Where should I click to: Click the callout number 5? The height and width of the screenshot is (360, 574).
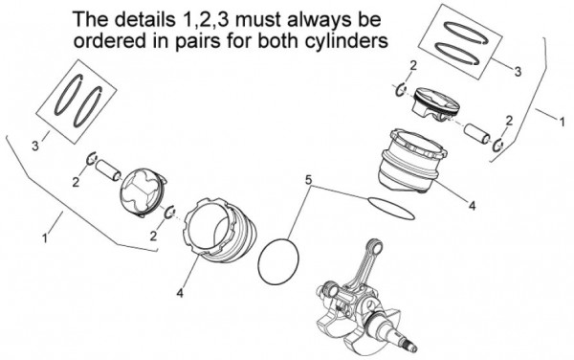(308, 179)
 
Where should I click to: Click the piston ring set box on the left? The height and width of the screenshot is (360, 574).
(80, 100)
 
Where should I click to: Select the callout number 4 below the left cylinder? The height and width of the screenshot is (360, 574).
(180, 293)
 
